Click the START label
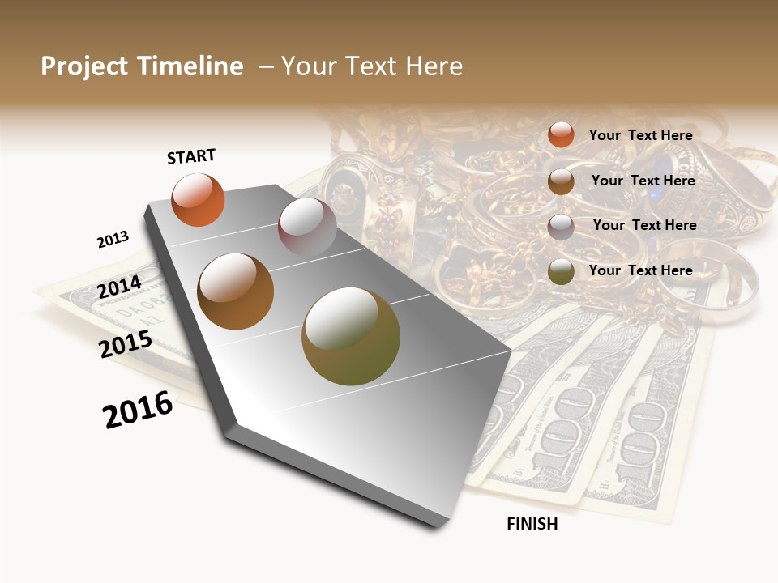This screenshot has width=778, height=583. click(191, 156)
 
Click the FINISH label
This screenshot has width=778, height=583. click(532, 524)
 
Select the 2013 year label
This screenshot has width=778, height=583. click(113, 240)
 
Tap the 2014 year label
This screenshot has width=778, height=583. click(119, 287)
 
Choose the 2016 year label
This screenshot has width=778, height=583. click(138, 410)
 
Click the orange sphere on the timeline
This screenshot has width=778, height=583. click(198, 200)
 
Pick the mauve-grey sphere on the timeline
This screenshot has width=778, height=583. click(307, 227)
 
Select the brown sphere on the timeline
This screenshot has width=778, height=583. click(235, 291)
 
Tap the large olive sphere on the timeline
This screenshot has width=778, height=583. click(350, 336)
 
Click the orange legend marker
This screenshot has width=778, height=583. click(561, 135)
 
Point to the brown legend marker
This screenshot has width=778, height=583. click(561, 181)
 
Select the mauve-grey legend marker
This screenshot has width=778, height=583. click(561, 226)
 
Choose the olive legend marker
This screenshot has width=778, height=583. click(561, 271)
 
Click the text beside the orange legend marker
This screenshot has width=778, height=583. click(640, 135)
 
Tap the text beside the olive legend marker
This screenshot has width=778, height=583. click(640, 270)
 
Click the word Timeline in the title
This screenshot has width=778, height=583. click(190, 66)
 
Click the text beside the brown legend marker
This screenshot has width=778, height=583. click(643, 181)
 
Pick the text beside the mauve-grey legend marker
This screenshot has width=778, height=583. click(644, 225)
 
